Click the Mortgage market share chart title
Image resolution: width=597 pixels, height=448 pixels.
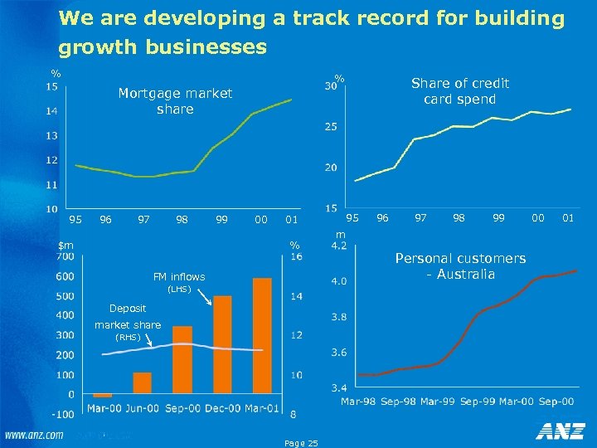tap(175, 101)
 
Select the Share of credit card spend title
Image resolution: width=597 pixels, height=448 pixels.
tap(459, 91)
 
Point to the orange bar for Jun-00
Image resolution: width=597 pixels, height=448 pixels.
tap(143, 383)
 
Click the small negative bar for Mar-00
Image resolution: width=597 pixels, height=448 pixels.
tap(103, 396)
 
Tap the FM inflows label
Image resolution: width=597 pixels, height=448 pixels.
tap(179, 277)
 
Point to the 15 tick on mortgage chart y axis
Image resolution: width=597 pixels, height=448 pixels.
tap(51, 85)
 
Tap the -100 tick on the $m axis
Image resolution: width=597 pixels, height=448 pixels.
tap(62, 413)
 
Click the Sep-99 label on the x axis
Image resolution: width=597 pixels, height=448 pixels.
tap(477, 402)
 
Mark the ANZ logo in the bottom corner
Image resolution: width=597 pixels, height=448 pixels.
tap(560, 431)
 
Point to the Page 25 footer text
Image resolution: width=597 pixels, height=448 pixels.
tap(300, 443)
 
